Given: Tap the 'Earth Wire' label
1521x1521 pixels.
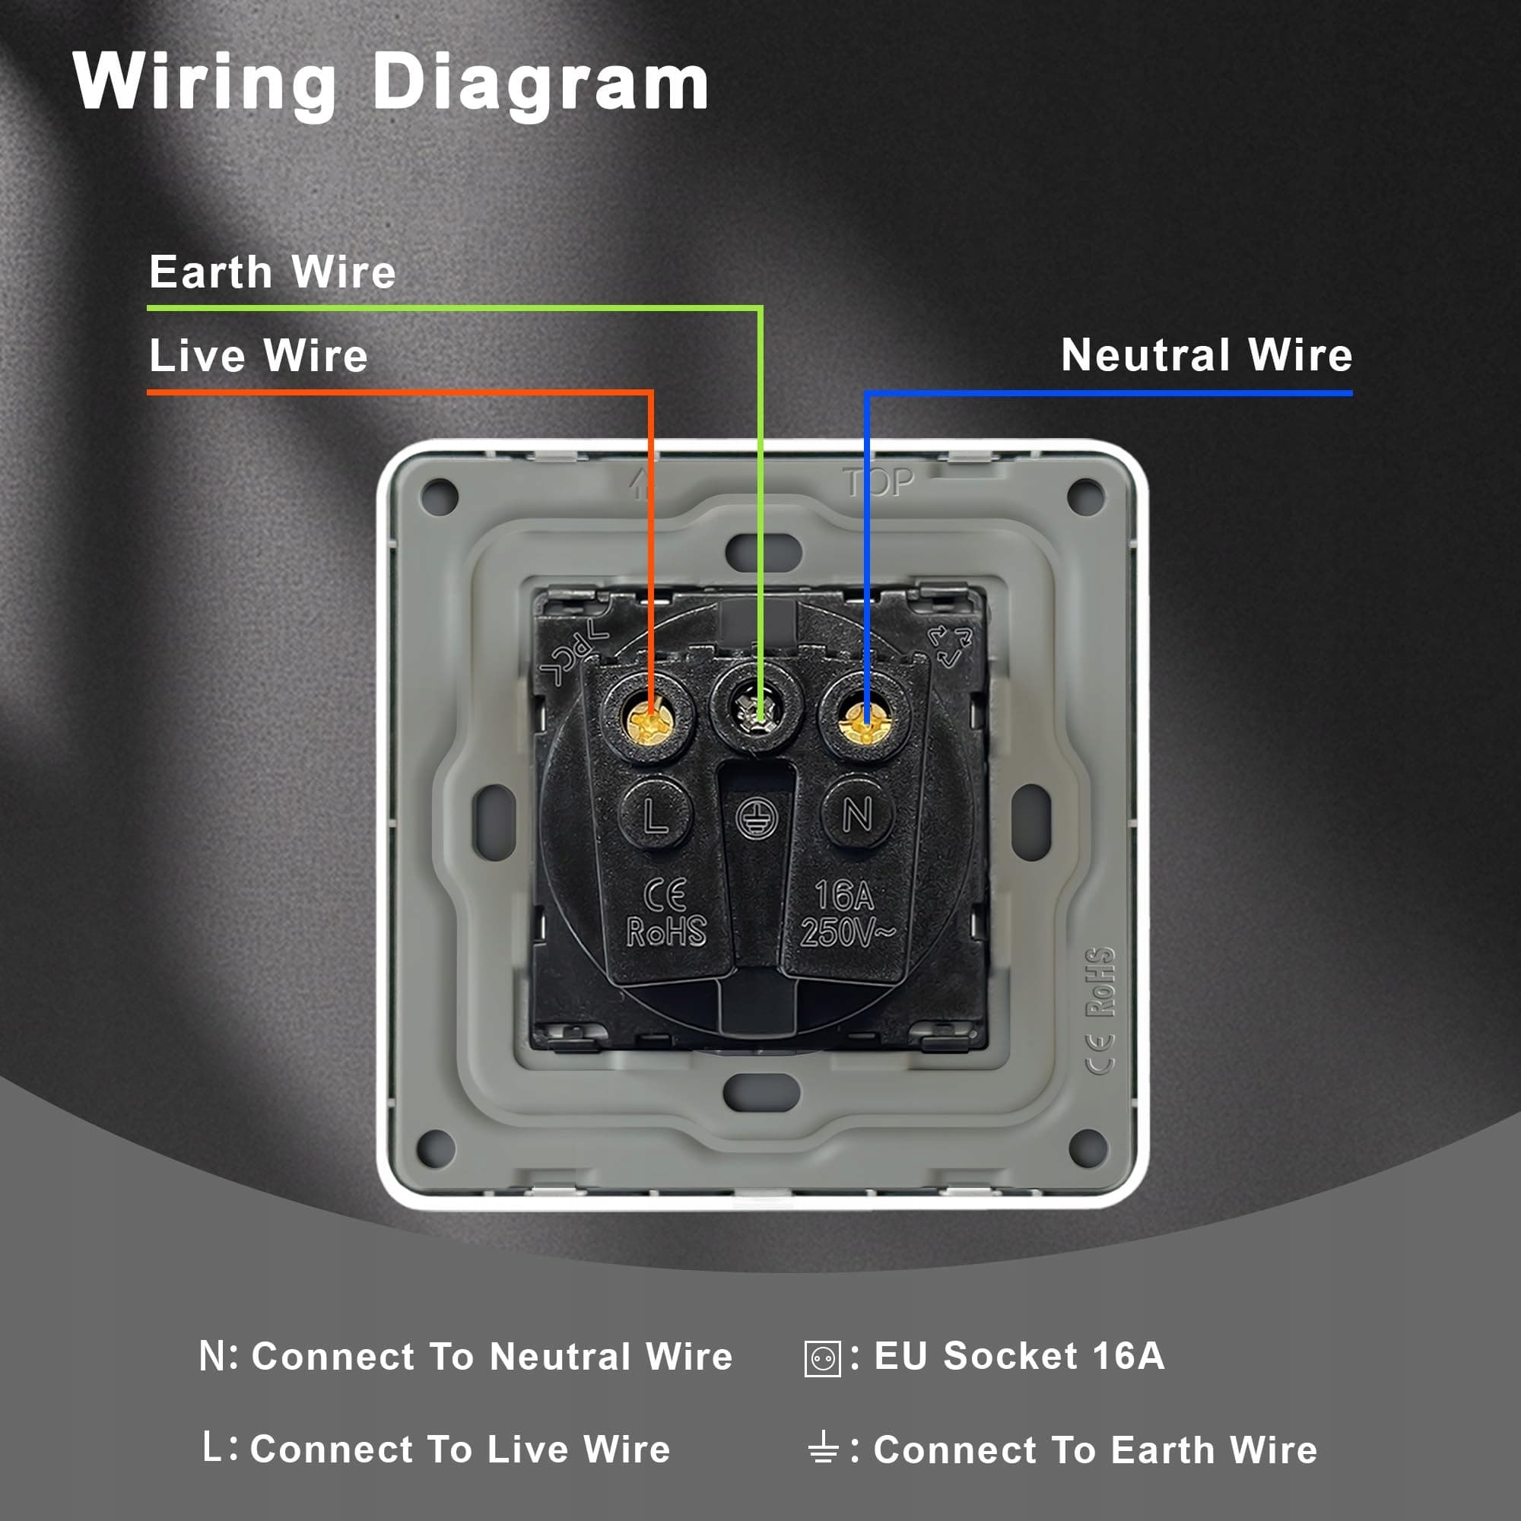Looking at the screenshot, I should coord(272,272).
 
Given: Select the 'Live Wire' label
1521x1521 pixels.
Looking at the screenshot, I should coord(259,356).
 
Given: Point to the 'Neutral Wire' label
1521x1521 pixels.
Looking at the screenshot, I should coord(1206,355).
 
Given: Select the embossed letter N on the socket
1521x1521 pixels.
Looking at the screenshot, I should coord(856,813).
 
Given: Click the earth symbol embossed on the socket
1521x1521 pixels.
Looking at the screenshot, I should coord(757,818).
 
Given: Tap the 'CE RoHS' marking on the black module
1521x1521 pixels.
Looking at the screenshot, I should coord(666,913).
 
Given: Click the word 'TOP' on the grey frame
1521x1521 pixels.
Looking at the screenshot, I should coord(878,483).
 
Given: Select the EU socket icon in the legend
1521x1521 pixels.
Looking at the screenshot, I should coord(823,1358).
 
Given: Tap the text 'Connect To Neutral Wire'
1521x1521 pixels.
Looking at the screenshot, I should coord(492,1357).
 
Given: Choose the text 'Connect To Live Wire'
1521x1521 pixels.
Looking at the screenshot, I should coord(460,1450).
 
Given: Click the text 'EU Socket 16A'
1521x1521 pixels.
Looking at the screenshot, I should coord(1019,1356).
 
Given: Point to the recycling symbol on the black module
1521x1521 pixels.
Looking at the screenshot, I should coord(950,646).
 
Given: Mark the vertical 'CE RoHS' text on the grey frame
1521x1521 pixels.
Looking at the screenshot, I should coord(1100,1009).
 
